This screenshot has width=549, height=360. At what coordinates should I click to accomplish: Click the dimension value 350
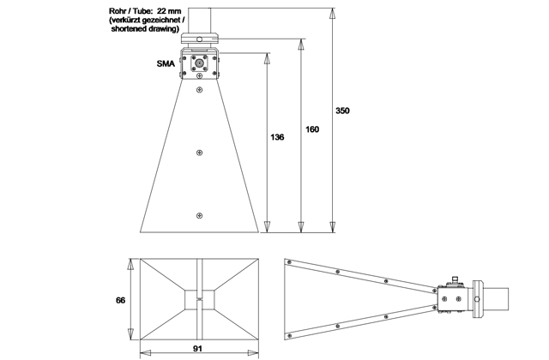(x=342, y=111)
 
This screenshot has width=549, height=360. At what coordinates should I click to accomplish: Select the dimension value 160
(x=311, y=129)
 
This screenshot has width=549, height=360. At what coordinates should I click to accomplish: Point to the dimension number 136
(x=277, y=136)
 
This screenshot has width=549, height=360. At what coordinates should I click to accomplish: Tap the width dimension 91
(x=198, y=349)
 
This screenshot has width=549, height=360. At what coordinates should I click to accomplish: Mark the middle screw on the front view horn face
(x=199, y=153)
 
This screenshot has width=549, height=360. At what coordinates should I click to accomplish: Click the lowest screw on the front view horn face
(x=199, y=215)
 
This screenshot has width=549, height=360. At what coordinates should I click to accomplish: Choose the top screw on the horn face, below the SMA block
(x=199, y=88)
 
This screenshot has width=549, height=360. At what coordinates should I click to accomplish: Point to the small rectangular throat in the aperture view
(x=198, y=298)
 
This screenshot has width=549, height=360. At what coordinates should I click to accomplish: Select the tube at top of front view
(x=199, y=17)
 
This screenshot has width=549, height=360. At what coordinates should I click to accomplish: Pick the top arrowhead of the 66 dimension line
(x=130, y=263)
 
